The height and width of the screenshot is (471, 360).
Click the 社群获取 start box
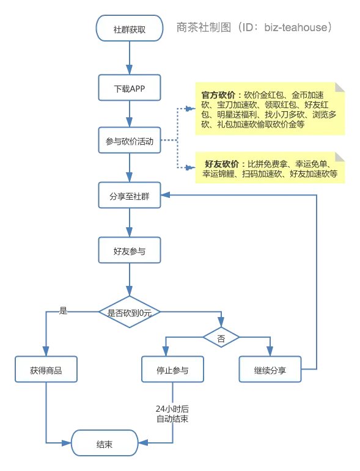pyautogui.click(x=129, y=29)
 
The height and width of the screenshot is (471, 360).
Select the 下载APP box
pyautogui.click(x=129, y=87)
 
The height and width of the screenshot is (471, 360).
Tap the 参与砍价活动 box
pyautogui.click(x=129, y=141)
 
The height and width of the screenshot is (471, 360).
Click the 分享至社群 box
pyautogui.click(x=129, y=195)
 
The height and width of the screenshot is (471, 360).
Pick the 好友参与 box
pyautogui.click(x=129, y=250)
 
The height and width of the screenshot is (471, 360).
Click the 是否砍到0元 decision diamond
pyautogui.click(x=129, y=312)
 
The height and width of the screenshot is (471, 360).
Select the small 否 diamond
pyautogui.click(x=221, y=337)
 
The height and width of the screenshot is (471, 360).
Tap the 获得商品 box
pyautogui.click(x=46, y=370)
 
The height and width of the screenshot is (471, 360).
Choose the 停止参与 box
pyautogui.click(x=172, y=370)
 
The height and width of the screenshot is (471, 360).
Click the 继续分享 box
pyautogui.click(x=270, y=370)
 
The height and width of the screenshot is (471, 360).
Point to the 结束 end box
pyautogui.click(x=104, y=443)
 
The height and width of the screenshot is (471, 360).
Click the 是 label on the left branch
pyautogui.click(x=62, y=310)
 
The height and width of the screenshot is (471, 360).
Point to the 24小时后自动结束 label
pyautogui.click(x=172, y=414)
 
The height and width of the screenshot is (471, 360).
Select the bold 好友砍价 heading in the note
pyautogui.click(x=222, y=164)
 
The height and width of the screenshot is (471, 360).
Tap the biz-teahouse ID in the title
pyautogui.click(x=298, y=27)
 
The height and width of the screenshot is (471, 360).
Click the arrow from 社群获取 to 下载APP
pyautogui.click(x=129, y=59)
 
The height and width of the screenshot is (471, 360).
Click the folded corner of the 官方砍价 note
pyautogui.click(x=340, y=86)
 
